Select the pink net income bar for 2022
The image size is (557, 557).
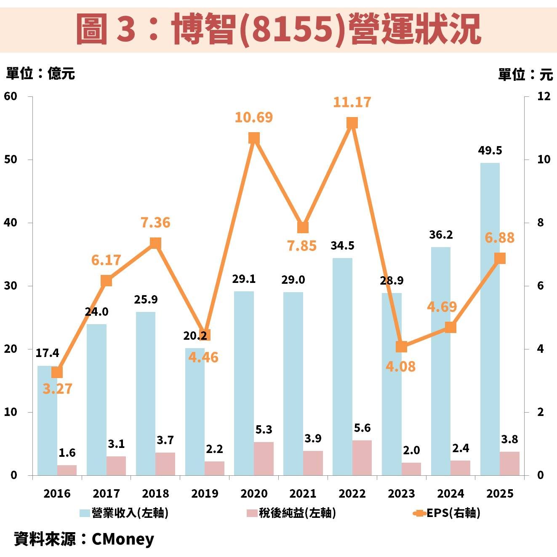[x=362, y=458]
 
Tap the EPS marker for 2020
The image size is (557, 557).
[x=254, y=138]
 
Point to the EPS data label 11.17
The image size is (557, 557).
[x=352, y=102]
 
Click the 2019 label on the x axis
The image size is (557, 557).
[x=205, y=493]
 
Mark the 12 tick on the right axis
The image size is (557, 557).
[x=544, y=96]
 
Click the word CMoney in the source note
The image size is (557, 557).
[x=123, y=539]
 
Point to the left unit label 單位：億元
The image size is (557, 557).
[x=40, y=73]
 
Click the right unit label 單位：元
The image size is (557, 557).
[x=525, y=75]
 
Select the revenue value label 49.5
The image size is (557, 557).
[x=490, y=151]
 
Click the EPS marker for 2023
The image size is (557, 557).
[x=401, y=347]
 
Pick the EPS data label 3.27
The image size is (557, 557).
[x=58, y=389]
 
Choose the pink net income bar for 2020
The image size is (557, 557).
[x=264, y=458]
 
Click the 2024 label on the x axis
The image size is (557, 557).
[x=450, y=493]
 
